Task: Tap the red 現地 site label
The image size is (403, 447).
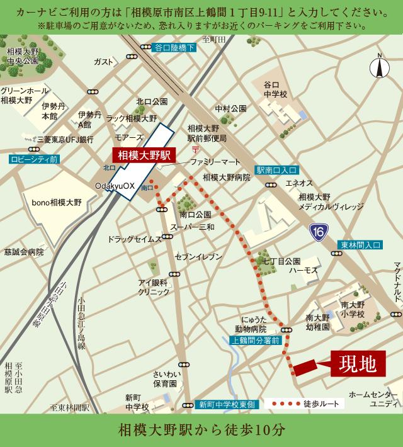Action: coord(356,363)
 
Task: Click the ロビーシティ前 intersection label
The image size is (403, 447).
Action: coord(34,160)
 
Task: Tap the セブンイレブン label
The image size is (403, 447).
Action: coord(199,256)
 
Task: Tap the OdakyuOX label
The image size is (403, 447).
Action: coord(115,186)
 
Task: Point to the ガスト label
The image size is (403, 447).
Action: coord(103,62)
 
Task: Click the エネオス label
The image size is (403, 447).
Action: coord(298,183)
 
